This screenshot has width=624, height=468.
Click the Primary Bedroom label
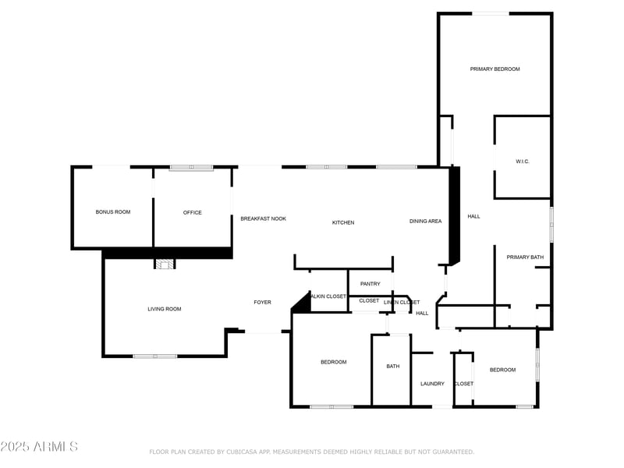pos(495,69)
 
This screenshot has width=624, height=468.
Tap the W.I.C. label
pos(523,161)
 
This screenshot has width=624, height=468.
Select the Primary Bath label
pos(525,257)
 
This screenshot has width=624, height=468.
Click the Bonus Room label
pos(113,212)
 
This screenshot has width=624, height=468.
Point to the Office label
pos(193,213)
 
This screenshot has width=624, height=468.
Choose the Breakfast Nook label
pos(263,219)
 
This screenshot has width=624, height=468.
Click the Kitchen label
pos(343,223)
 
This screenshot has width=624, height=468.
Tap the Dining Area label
pos(425,222)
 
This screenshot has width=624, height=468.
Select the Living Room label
pos(165,309)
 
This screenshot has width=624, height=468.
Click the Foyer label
pos(263,303)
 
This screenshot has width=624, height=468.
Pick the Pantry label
pos(370,284)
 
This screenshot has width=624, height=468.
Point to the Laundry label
pos(432,384)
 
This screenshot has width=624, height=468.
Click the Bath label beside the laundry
pos(393,367)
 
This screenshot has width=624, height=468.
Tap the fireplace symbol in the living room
pos(164,264)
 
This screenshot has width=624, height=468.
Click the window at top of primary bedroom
pos(492,13)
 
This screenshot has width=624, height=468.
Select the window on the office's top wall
pos(192,167)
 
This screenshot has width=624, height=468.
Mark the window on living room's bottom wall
pos(154,356)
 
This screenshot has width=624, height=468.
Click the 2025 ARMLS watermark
pos(39,447)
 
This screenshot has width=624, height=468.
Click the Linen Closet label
pos(402,303)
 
